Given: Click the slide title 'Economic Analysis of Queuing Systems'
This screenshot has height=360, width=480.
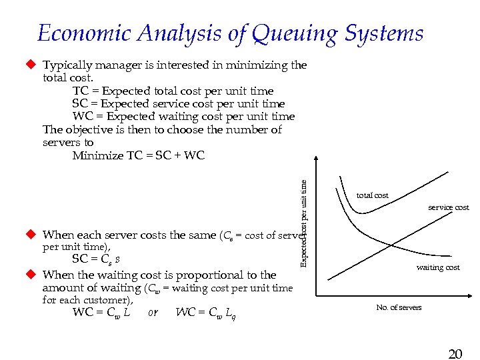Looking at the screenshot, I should [230, 33].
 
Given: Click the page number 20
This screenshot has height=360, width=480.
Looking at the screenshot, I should [455, 354].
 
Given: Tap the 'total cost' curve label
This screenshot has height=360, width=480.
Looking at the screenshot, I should [372, 195].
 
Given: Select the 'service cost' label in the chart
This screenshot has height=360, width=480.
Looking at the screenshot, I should [448, 207].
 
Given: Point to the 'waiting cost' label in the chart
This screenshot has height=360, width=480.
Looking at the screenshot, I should [438, 267].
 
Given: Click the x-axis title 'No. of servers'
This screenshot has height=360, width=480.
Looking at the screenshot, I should [399, 307].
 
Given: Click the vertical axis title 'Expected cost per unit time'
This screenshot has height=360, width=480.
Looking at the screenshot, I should [304, 217].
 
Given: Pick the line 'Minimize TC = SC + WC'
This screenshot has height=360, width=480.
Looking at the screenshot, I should [138, 155].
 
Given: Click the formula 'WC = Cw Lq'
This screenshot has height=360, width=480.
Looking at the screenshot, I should [205, 313].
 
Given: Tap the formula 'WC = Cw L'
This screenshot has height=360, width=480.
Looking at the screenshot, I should [101, 312].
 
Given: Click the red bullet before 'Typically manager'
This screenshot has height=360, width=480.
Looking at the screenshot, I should [30, 65].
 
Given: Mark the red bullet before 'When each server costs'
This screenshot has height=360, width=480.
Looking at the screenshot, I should [30, 235].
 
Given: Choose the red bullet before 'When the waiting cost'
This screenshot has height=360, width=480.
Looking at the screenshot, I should [30, 274].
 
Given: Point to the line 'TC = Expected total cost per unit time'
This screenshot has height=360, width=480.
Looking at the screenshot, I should [173, 91].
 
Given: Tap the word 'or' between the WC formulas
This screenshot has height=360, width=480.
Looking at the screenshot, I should [153, 312].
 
